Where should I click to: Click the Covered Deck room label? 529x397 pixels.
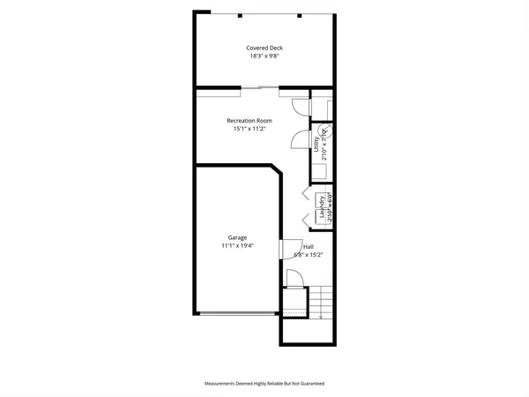tap(264, 48)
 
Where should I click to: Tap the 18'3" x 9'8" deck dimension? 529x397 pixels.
tap(264, 56)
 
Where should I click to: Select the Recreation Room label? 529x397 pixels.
tap(250, 120)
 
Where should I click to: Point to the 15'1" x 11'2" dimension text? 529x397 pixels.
tap(250, 129)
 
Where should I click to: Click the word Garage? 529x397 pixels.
tap(237, 237)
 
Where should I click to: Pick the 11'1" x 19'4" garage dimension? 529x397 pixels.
tap(237, 246)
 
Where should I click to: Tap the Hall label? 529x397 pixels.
tap(309, 246)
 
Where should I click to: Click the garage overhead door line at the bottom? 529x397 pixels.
tap(236, 312)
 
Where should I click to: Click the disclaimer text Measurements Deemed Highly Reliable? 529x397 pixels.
tap(264, 384)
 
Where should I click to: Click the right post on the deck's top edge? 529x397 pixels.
tap(301, 16)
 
